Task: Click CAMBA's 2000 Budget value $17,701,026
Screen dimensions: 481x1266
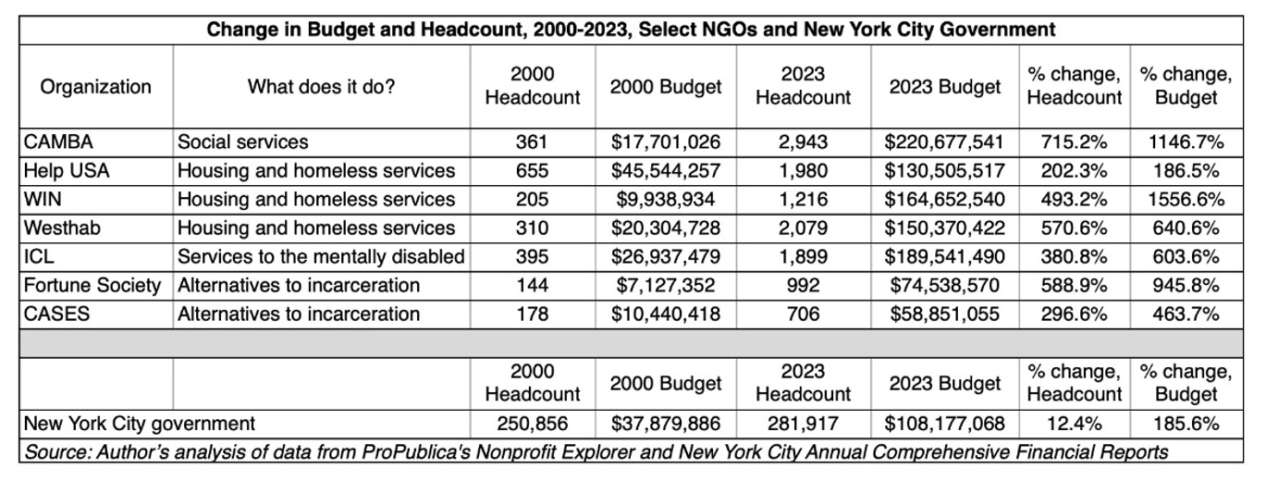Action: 666,142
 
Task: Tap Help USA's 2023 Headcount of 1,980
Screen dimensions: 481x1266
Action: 803,171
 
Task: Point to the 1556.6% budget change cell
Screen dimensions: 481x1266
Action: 1186,200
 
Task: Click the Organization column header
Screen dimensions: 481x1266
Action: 95,87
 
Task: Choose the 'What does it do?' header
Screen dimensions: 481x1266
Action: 321,87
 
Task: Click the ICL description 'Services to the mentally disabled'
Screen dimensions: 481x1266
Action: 321,257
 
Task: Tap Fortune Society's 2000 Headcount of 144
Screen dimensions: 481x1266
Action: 533,286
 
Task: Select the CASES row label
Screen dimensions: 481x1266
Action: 57,314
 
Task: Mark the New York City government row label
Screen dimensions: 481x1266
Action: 140,425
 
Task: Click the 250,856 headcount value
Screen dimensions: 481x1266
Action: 533,425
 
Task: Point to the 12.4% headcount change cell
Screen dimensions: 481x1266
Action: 1075,425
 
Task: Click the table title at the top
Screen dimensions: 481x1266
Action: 631,31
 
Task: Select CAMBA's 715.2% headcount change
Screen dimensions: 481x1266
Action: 1075,142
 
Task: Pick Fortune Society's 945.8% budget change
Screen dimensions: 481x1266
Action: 1186,286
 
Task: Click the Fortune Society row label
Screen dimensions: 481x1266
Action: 92,286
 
